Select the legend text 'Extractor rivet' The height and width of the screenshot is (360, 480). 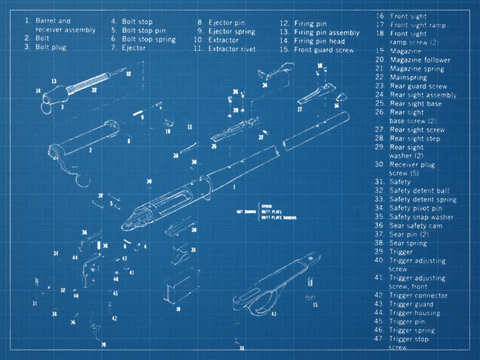tap(231, 49)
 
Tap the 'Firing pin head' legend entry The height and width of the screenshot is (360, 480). tap(320, 41)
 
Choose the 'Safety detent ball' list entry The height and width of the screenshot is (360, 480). tap(419, 190)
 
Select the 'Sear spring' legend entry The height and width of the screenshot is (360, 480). tap(408, 243)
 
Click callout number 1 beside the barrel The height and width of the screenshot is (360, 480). tap(234, 186)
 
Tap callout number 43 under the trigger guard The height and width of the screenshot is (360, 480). tap(273, 314)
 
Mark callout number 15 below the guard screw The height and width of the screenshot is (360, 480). tap(315, 305)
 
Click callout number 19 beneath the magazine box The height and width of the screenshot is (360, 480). tap(178, 309)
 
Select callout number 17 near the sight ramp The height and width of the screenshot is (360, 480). tap(299, 109)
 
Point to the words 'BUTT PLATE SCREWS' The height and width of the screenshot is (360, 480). tap(279, 217)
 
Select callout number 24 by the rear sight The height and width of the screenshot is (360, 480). tap(265, 85)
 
